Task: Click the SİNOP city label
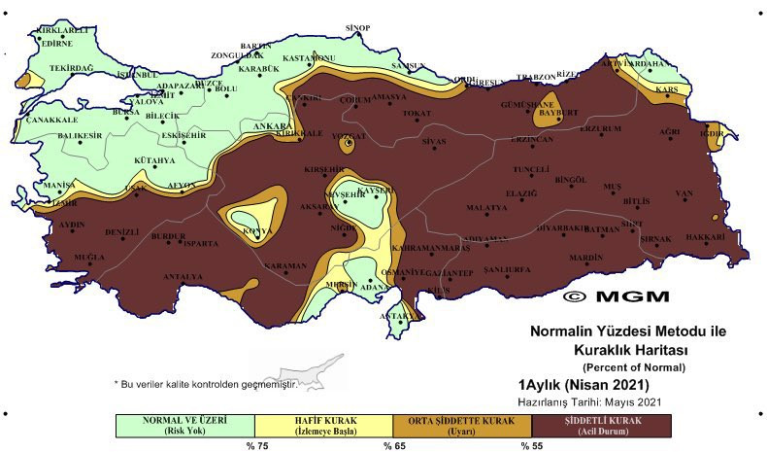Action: (358, 27)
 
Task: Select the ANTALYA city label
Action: (183, 276)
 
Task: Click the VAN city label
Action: (685, 193)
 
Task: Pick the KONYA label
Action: (257, 231)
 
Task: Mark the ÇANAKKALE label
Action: (51, 120)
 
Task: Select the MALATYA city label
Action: (487, 208)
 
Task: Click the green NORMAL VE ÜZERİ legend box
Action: (184, 426)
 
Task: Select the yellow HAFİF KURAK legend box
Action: (323, 426)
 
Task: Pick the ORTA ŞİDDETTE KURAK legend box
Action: (462, 426)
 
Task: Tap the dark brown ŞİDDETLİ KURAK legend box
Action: (602, 426)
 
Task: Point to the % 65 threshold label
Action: (392, 445)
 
